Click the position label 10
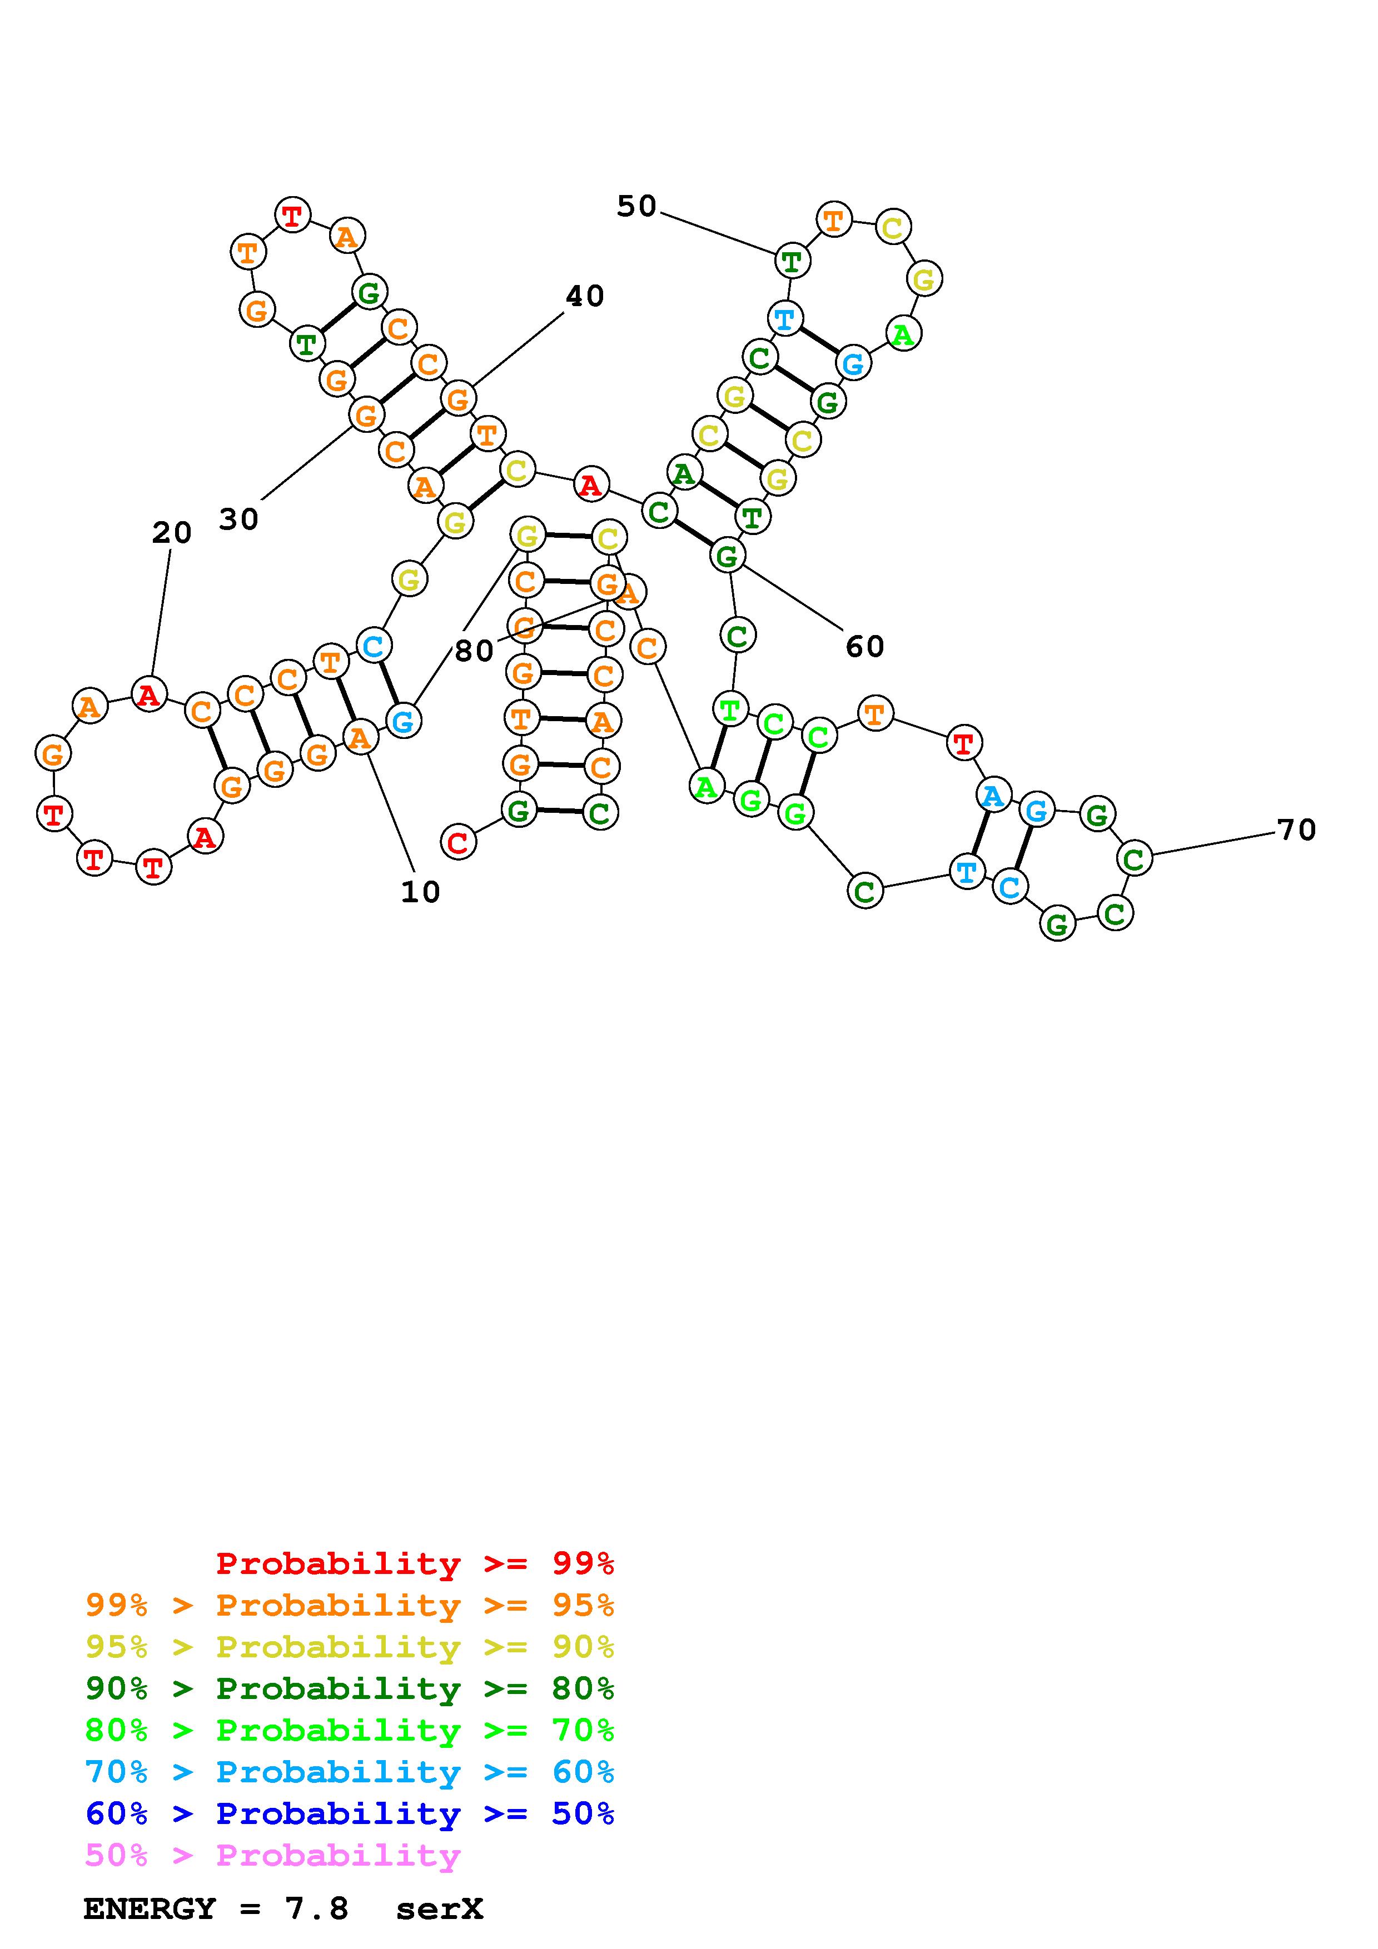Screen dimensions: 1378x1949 pos(420,892)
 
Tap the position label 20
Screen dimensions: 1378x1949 pos(172,533)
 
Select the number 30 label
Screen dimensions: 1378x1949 pos(238,519)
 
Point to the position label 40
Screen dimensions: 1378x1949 pos(584,296)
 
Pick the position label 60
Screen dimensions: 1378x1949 pos(864,647)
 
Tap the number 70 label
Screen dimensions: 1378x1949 pos(1296,829)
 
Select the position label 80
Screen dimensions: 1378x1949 pos(474,651)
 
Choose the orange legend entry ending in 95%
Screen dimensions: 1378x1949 pos(350,1605)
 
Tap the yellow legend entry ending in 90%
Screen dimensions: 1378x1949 pos(350,1647)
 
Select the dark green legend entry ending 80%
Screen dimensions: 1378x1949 pos(350,1688)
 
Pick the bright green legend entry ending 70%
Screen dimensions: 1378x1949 pos(350,1730)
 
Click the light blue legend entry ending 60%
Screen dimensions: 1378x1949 pos(350,1772)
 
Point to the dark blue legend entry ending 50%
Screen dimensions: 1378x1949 pos(350,1813)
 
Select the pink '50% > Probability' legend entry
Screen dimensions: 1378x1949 pos(272,1855)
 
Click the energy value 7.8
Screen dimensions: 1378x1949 pos(317,1909)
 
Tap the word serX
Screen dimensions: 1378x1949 pos(439,1909)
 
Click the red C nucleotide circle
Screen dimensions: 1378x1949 pos(459,842)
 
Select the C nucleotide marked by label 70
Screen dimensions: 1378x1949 pos(1135,858)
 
